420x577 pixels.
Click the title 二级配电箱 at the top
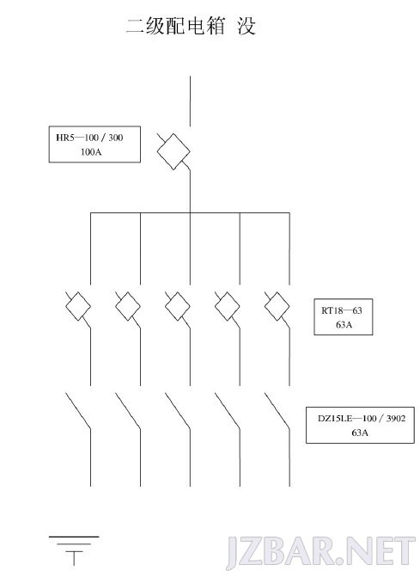pyautogui.click(x=175, y=27)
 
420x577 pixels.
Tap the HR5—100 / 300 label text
pyautogui.click(x=89, y=138)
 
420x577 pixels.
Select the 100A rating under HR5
pyautogui.click(x=91, y=151)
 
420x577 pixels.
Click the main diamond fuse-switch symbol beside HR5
pyautogui.click(x=173, y=151)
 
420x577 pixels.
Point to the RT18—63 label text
pyautogui.click(x=341, y=310)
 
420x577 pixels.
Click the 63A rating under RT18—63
pyautogui.click(x=344, y=324)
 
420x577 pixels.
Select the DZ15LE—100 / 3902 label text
pyautogui.click(x=362, y=419)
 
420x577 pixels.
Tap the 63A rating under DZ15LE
pyautogui.click(x=360, y=433)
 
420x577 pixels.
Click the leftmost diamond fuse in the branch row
pyautogui.click(x=78, y=306)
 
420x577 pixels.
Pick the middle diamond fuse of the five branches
pyautogui.click(x=178, y=306)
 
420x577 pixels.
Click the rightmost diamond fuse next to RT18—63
pyautogui.click(x=277, y=306)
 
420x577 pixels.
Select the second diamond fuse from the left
pyautogui.click(x=128, y=306)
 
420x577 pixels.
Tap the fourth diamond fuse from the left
pyautogui.click(x=227, y=306)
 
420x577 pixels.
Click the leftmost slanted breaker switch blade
pyautogui.click(x=78, y=411)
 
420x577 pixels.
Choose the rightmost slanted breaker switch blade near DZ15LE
pyautogui.click(x=277, y=411)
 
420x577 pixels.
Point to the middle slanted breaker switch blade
pyautogui.click(x=178, y=411)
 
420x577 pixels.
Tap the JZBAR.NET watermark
pyautogui.click(x=320, y=552)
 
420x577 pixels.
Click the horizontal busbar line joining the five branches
pyautogui.click(x=190, y=212)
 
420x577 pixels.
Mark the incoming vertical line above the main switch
pyautogui.click(x=190, y=101)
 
